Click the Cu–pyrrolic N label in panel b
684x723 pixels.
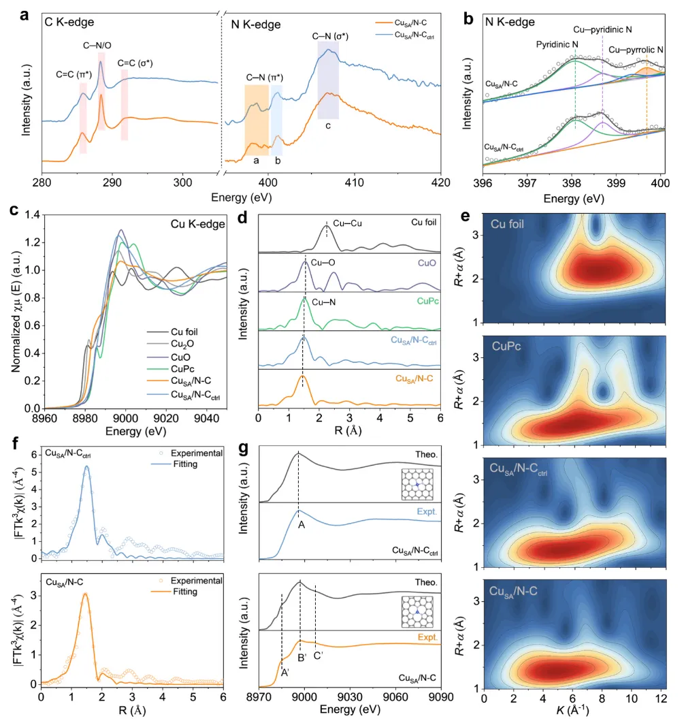[x=636, y=50]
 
